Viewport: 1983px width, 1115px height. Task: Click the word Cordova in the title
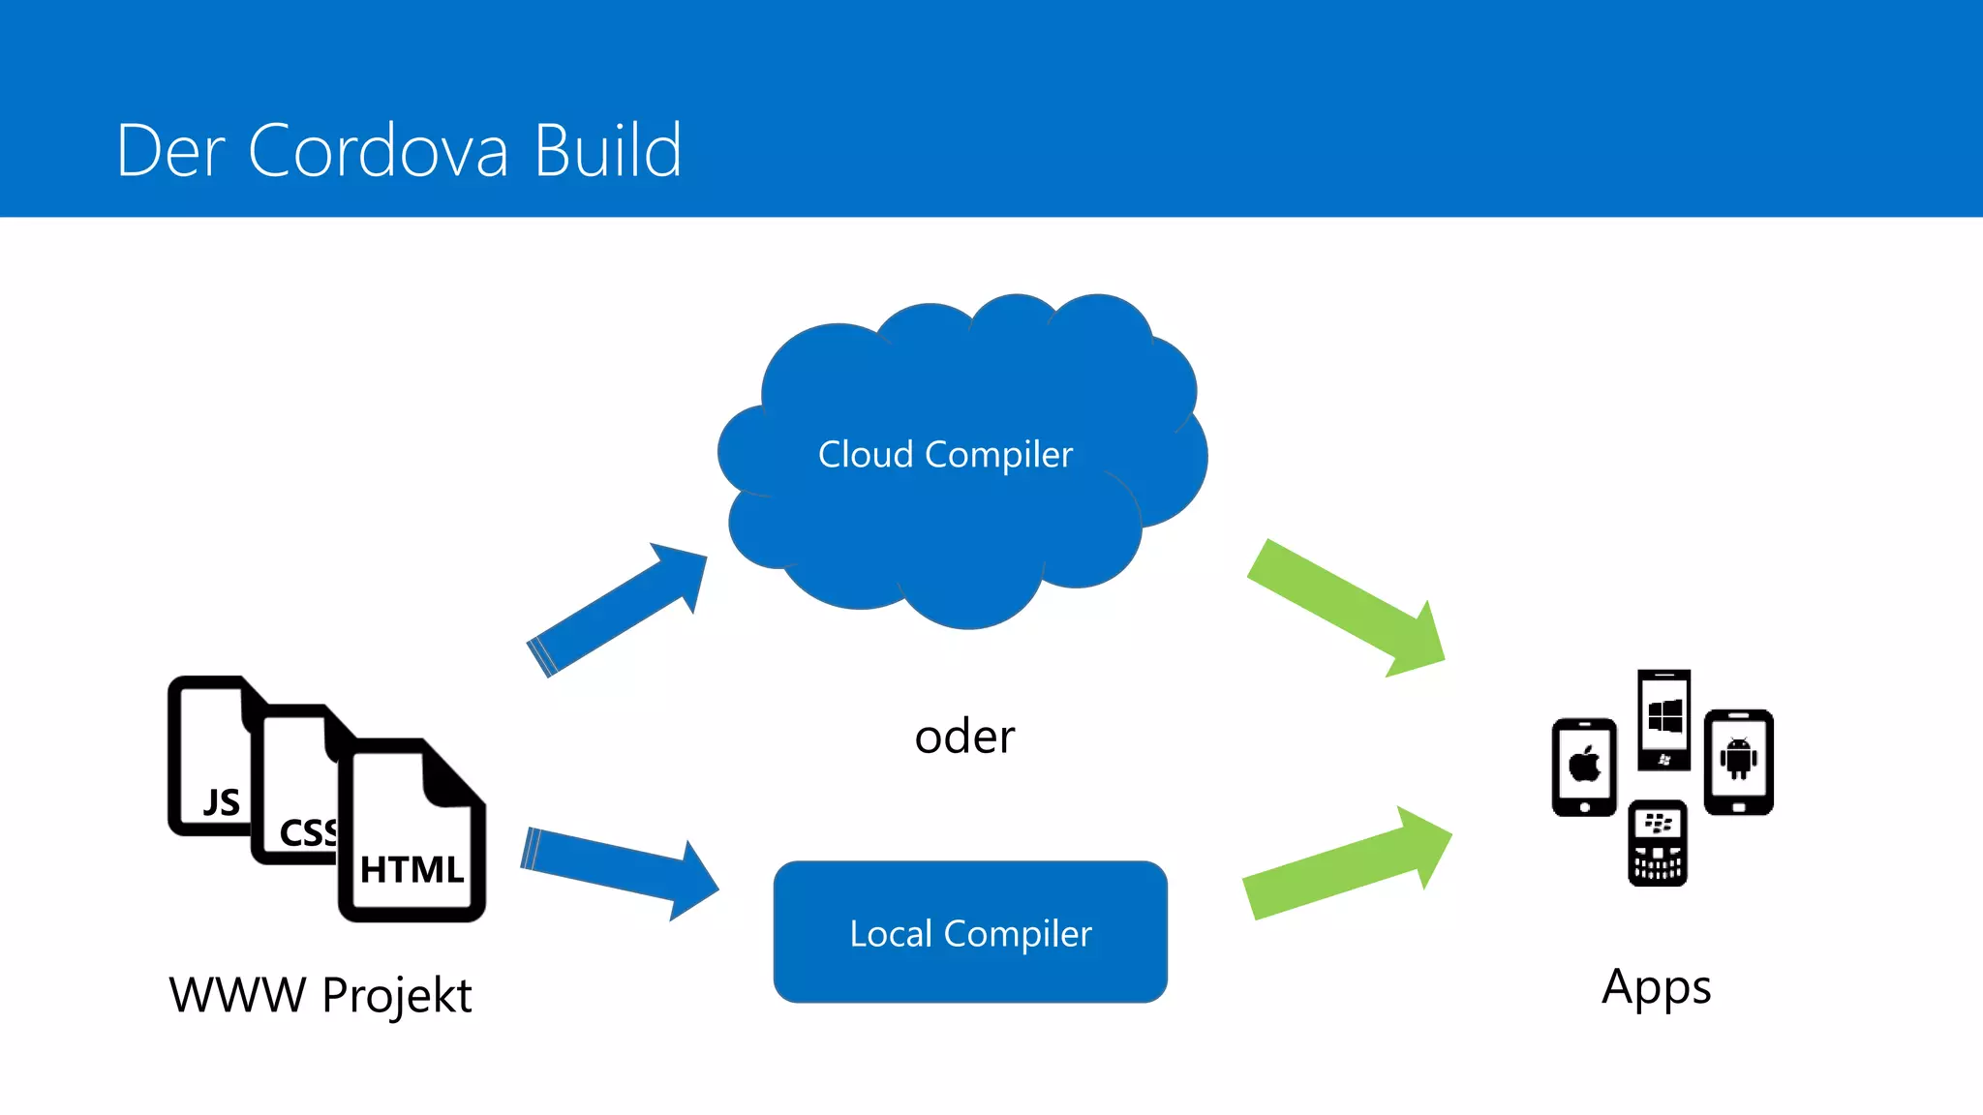click(378, 151)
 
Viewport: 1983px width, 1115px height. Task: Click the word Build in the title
click(608, 151)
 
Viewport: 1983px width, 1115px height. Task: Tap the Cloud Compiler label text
click(945, 454)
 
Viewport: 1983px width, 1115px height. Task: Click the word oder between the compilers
click(964, 737)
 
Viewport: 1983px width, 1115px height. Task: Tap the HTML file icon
click(412, 842)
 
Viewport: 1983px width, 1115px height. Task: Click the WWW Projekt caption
click(320, 995)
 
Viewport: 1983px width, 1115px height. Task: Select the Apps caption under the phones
click(1656, 987)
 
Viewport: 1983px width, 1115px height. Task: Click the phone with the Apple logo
click(1584, 767)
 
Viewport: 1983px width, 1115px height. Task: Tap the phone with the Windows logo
click(1663, 719)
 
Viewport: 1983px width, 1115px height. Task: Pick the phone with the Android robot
click(1738, 762)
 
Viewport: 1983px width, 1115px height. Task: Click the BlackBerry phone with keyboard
click(1658, 842)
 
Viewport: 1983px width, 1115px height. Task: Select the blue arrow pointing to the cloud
click(620, 610)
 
